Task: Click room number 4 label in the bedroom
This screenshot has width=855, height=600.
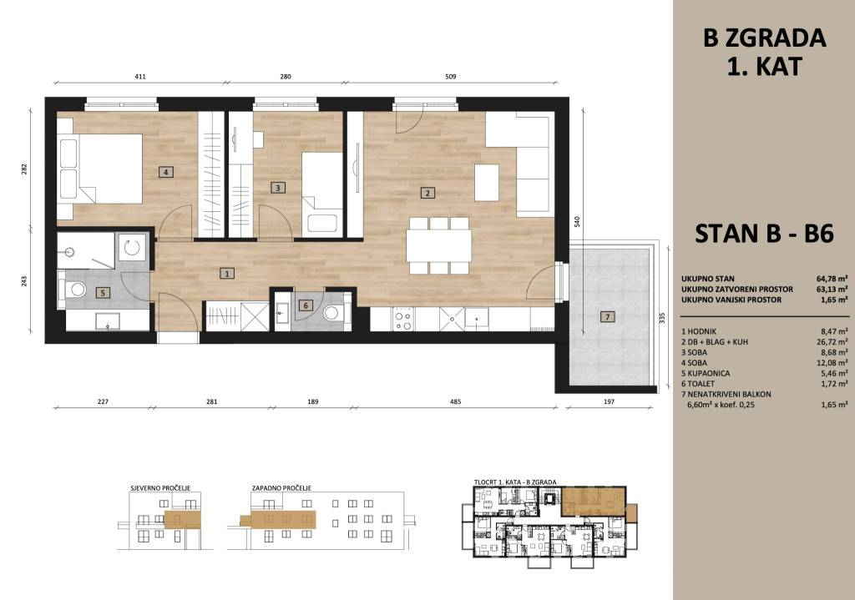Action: coord(166,173)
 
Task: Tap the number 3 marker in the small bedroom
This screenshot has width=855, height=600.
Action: coord(277,188)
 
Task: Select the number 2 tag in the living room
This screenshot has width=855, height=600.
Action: coord(427,193)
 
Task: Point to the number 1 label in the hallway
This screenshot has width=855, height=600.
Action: coord(227,274)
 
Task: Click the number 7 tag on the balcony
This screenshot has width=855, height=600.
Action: coord(607,316)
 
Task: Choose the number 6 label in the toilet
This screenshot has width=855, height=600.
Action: coord(306,305)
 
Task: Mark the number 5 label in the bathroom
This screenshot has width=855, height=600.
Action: coord(103,293)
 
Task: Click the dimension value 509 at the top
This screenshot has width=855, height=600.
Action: coord(450,77)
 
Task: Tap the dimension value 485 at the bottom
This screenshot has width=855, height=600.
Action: coord(455,401)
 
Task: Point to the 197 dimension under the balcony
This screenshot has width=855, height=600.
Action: coord(609,401)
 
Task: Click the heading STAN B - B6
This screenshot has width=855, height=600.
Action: coord(764,234)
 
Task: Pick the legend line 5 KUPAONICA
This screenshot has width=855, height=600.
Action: coord(706,373)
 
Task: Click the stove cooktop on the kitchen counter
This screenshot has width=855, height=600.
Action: coord(403,320)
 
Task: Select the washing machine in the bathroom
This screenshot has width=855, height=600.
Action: coord(131,248)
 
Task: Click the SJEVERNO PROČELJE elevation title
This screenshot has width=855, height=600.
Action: coord(161,487)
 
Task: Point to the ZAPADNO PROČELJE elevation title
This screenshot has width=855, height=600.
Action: coord(281,487)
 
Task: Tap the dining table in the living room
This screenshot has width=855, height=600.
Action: coord(439,246)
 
